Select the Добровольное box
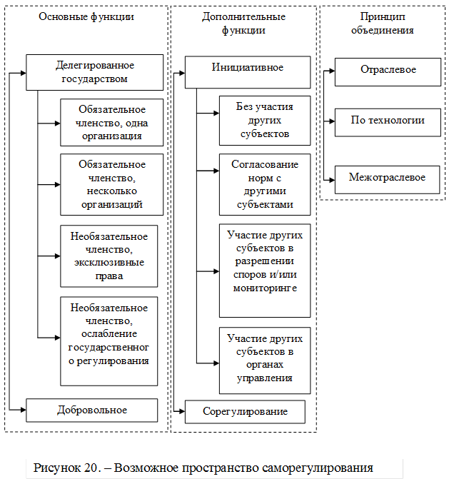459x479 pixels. point(91,410)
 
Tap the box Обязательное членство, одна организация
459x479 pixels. point(111,122)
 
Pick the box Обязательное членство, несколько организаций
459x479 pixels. point(111,184)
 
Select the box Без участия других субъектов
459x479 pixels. point(264,120)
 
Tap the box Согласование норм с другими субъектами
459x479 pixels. point(264,184)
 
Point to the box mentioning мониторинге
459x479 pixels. point(264,270)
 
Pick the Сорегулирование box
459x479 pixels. point(245,412)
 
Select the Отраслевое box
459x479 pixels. point(388,71)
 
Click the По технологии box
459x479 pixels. point(388,120)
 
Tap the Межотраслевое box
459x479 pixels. point(388,177)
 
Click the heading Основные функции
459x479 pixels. point(86,16)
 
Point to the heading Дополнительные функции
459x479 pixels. point(243,24)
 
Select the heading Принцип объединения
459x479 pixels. point(388,24)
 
